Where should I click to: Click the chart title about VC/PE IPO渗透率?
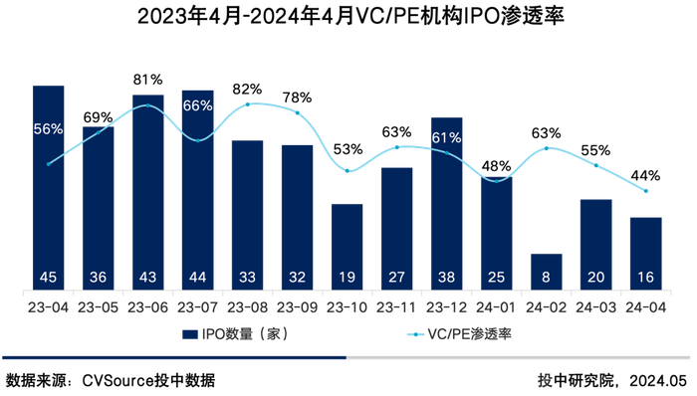[x=348, y=17]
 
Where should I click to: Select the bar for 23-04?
[x=48, y=189]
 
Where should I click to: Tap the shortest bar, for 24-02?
[x=546, y=272]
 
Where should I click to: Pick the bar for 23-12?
[x=446, y=204]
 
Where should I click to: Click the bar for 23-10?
[x=347, y=247]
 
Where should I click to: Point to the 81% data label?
[x=147, y=79]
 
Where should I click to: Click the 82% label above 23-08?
[x=247, y=89]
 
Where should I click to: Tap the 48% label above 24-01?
[x=496, y=165]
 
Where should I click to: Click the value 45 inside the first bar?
[x=48, y=278]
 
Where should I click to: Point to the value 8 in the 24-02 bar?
[x=546, y=278]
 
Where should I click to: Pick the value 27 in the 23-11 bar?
[x=396, y=278]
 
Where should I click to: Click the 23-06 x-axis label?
[x=147, y=307]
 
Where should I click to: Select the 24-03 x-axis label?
[x=595, y=307]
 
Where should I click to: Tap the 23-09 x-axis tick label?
[x=297, y=307]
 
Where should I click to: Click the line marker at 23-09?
[x=297, y=112]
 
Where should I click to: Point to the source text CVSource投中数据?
[x=148, y=380]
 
